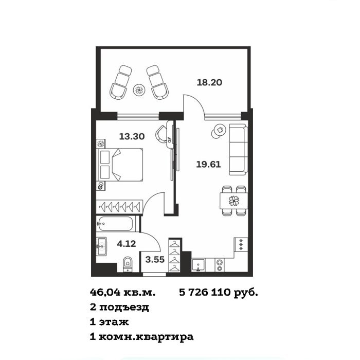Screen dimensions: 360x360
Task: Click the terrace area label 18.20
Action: pos(209,82)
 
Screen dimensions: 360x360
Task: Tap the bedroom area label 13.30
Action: pos(132,136)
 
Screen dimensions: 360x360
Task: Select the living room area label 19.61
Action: pos(208,165)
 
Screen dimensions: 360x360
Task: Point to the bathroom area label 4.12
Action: pos(127,244)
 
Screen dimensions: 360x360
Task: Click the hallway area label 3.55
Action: pos(155,260)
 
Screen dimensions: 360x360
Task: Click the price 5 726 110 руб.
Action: pos(219,293)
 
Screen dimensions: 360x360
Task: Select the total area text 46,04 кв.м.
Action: pos(122,293)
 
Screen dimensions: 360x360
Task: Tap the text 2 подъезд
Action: pos(119,307)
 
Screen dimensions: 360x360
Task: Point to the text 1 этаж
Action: pos(109,322)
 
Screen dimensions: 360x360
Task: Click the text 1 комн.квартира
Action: pos(141,337)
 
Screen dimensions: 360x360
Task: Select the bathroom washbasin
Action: pos(101,246)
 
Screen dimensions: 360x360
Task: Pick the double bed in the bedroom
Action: pos(120,165)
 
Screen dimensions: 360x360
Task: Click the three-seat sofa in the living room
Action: pos(238,150)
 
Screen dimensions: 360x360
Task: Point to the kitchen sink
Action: pos(198,265)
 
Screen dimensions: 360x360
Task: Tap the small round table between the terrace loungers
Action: pos(139,90)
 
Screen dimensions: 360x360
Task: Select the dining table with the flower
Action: pos(233,201)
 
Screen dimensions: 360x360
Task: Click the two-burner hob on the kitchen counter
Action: pos(220,265)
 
